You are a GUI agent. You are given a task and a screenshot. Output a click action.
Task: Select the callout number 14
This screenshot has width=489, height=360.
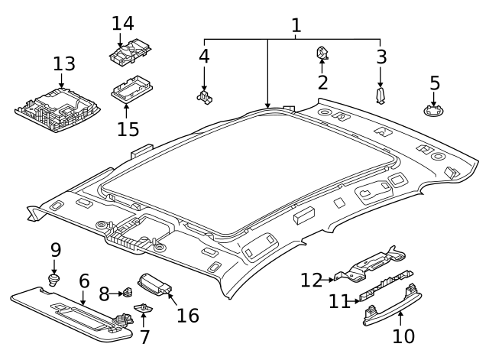(122, 23)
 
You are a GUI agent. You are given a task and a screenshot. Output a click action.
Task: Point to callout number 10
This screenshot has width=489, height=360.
(403, 336)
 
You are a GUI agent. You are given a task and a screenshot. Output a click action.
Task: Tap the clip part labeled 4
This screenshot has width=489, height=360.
(204, 96)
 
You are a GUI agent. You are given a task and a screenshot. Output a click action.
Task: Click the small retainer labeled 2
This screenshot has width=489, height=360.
(322, 54)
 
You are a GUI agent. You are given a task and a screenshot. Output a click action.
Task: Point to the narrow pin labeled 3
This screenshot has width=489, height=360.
(381, 96)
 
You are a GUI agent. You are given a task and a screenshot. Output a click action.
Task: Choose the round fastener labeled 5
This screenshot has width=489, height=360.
(434, 112)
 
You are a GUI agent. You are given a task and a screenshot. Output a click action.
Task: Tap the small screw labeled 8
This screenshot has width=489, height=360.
(128, 293)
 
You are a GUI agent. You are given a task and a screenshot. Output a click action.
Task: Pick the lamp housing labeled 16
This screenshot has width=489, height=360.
(155, 285)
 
